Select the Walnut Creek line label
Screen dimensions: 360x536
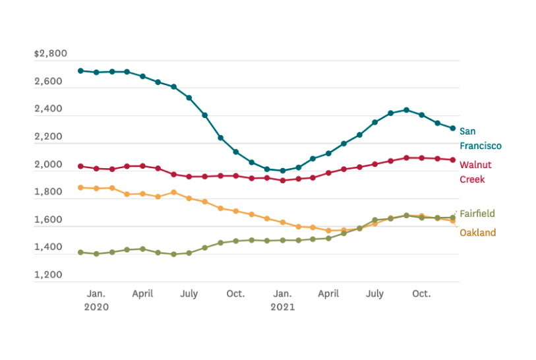tap(475, 171)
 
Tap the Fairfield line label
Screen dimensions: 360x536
tap(477, 214)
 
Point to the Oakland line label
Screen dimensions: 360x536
tap(477, 233)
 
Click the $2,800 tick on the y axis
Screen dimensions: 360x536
tap(50, 53)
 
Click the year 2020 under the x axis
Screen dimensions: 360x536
tap(96, 307)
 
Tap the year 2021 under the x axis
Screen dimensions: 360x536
tap(283, 307)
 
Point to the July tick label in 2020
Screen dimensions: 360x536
tap(189, 293)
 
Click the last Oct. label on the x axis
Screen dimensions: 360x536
tap(421, 293)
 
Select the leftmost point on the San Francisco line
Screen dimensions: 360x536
tap(80, 71)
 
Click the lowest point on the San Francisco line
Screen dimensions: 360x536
tap(283, 171)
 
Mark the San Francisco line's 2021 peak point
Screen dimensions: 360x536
tap(406, 110)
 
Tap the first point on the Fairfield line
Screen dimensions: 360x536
tap(80, 252)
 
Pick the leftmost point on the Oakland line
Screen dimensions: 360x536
tap(80, 187)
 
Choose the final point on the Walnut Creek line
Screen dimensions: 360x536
tap(453, 160)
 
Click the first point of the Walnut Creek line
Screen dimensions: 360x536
tap(80, 166)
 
